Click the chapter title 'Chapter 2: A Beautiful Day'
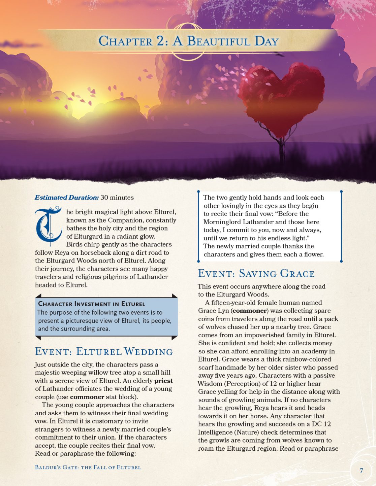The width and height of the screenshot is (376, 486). pos(188,41)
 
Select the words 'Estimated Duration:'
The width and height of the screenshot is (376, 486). pos(66,198)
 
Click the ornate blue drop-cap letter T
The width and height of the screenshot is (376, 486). pos(49,225)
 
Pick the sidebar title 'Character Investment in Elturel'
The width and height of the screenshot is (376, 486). pos(92,304)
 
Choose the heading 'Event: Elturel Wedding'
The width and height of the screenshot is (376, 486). pos(104,352)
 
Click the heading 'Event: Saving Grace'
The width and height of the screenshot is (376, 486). pos(256,274)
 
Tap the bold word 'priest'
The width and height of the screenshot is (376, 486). pos(163,381)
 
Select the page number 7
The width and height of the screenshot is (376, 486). pos(361,471)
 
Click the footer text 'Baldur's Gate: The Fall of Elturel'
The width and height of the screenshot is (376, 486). pos(88,467)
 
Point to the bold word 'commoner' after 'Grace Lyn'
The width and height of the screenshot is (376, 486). pos(250,311)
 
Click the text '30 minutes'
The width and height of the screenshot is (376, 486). pos(117,198)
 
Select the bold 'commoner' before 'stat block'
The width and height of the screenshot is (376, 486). pos(87,397)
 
